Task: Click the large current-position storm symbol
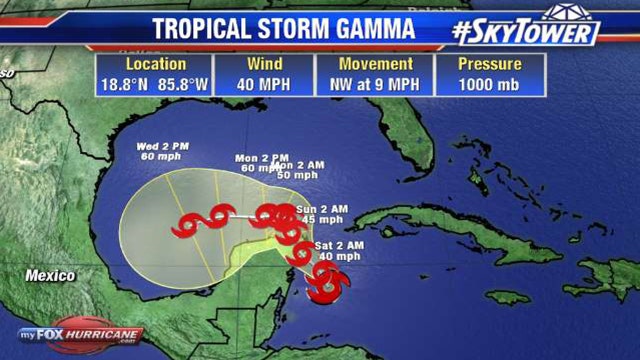tap(325, 285)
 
